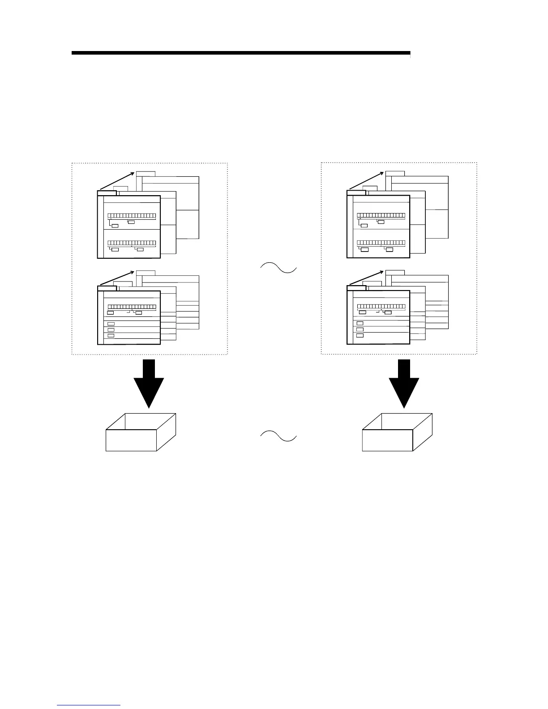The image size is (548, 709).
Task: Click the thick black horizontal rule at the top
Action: [240, 53]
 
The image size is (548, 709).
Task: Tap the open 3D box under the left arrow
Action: [141, 433]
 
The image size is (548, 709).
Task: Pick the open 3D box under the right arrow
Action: [397, 433]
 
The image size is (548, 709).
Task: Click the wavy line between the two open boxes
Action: [278, 436]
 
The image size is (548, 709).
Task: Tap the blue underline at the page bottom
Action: [89, 705]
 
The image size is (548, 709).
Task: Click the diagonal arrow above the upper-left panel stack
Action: [116, 181]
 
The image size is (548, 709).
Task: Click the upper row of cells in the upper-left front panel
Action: [132, 216]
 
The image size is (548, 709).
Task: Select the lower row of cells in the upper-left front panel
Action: [132, 243]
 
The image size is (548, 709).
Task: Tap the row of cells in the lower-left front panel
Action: [132, 307]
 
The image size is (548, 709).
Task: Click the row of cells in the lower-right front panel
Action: [381, 307]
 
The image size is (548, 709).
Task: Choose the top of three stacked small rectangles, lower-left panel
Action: [111, 324]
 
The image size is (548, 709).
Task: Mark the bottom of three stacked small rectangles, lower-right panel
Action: [360, 335]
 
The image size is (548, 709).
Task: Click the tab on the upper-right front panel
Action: [356, 193]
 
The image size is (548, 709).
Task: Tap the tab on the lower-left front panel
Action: [107, 288]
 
